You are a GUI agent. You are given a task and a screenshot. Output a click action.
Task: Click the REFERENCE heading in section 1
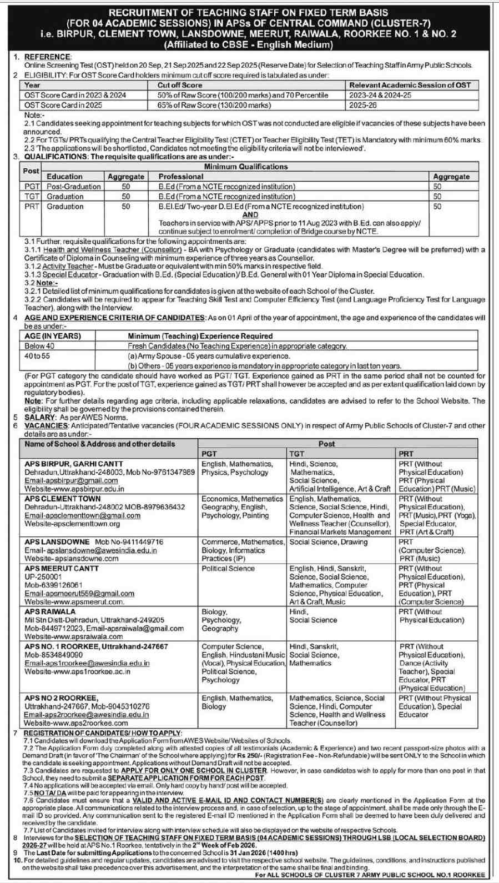48,57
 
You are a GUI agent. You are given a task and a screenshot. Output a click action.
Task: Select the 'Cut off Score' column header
180,86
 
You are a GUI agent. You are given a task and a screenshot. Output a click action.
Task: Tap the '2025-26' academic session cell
363,105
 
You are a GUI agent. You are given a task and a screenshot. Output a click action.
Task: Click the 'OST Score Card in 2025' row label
63,105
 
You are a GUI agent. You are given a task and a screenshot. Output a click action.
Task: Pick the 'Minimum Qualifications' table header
246,167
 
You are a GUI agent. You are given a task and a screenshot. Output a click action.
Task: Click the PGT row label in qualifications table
32,187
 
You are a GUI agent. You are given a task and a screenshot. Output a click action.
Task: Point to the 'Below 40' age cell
39,346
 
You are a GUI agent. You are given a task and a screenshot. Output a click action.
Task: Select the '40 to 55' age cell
37,356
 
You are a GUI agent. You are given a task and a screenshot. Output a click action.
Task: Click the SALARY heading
40,418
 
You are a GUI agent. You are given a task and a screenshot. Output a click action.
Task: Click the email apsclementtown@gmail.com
82,515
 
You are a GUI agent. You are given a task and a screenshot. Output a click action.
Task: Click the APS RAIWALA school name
50,611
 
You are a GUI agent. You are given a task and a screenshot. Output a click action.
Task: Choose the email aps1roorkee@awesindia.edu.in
87,663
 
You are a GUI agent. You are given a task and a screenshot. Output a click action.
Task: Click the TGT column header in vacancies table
297,454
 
